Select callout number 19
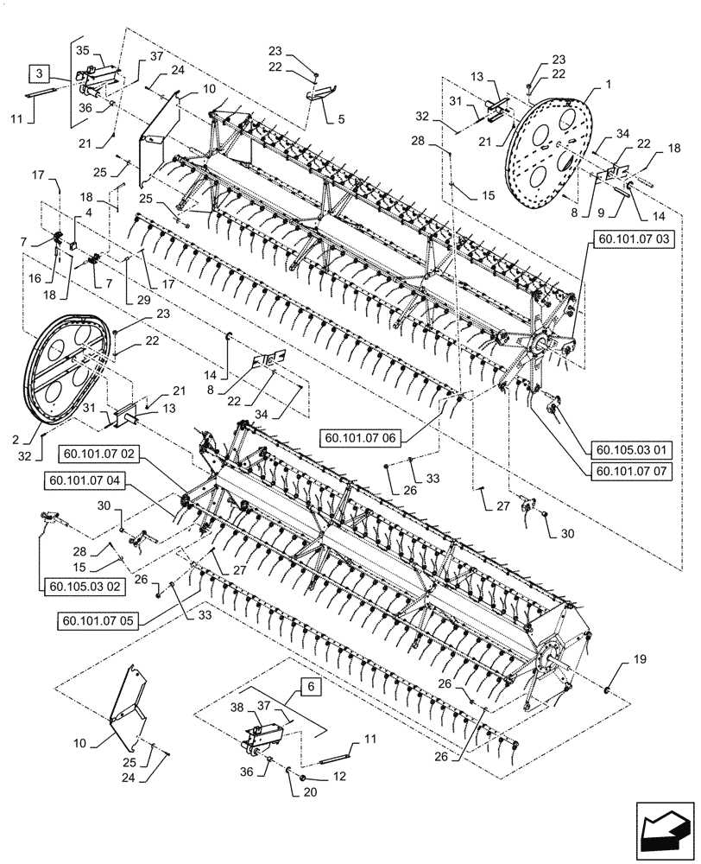click(639, 659)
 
